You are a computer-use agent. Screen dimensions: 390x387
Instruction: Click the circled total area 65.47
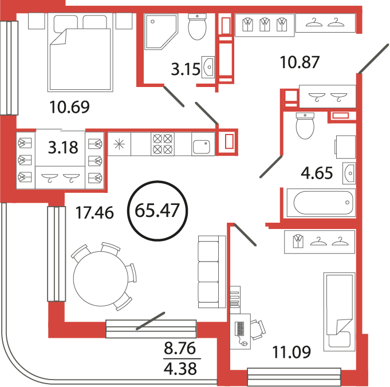click(x=157, y=211)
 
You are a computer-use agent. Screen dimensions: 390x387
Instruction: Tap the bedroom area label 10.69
click(x=69, y=107)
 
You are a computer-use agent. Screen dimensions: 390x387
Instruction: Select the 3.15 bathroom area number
click(x=186, y=69)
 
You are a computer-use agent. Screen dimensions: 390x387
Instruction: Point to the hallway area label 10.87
click(x=300, y=62)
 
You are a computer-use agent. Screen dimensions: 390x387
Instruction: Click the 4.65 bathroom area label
click(x=317, y=173)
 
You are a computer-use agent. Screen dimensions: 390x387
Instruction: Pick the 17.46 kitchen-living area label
click(x=94, y=212)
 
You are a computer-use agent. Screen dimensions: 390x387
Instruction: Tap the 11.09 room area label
click(x=291, y=352)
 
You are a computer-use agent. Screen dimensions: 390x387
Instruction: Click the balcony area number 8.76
click(x=180, y=348)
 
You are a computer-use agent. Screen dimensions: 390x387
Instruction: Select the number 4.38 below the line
click(x=180, y=368)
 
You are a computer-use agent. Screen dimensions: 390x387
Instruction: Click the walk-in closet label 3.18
click(x=63, y=147)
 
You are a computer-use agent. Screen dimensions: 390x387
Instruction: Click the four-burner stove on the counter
click(x=163, y=144)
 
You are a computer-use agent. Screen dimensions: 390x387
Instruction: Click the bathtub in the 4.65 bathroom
click(x=321, y=203)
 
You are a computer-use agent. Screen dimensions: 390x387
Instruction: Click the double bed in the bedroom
click(x=80, y=52)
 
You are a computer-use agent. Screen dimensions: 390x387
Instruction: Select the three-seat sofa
click(x=212, y=271)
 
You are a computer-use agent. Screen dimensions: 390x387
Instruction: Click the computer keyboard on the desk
click(x=239, y=328)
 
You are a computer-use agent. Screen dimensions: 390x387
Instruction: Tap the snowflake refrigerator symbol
click(x=119, y=144)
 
